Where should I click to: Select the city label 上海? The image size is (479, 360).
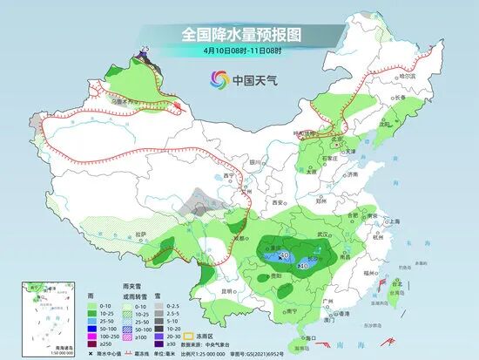tap(394, 221)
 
